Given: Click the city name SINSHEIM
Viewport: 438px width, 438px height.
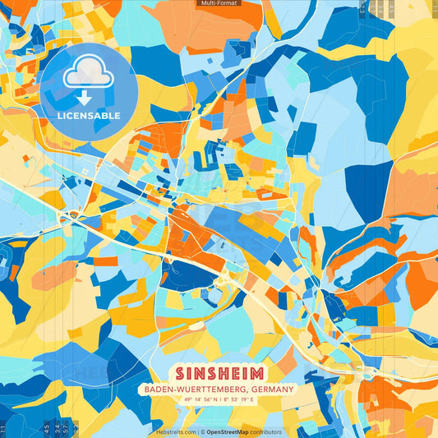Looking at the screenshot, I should (219, 371).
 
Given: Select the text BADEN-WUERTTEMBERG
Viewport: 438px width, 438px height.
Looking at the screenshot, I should (191, 389).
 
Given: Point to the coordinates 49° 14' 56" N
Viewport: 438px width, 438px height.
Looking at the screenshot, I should (192, 400).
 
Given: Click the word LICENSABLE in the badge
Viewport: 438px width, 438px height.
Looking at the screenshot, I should (89, 116).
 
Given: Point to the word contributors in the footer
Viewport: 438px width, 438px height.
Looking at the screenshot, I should (267, 431).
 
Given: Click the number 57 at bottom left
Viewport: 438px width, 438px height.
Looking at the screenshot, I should (65, 428).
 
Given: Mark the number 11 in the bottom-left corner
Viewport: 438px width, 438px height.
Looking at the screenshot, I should (2, 429).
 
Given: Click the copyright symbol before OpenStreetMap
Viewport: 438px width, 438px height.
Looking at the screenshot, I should (202, 431).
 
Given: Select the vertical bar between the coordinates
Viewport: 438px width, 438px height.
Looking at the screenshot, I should (219, 400).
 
